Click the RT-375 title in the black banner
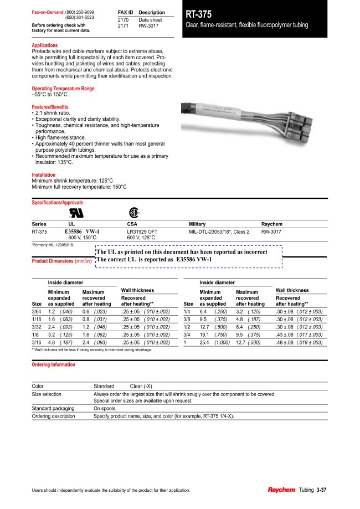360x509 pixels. tap(199, 15)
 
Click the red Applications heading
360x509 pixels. tap(45, 45)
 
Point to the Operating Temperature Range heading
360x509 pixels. tap(63, 89)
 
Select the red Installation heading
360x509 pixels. tap(44, 175)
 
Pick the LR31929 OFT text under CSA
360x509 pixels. tap(142, 232)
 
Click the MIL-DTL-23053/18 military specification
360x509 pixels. tap(219, 232)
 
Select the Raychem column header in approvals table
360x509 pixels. tap(271, 223)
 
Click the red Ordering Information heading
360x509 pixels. tap(54, 365)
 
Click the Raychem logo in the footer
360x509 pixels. tap(281, 490)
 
